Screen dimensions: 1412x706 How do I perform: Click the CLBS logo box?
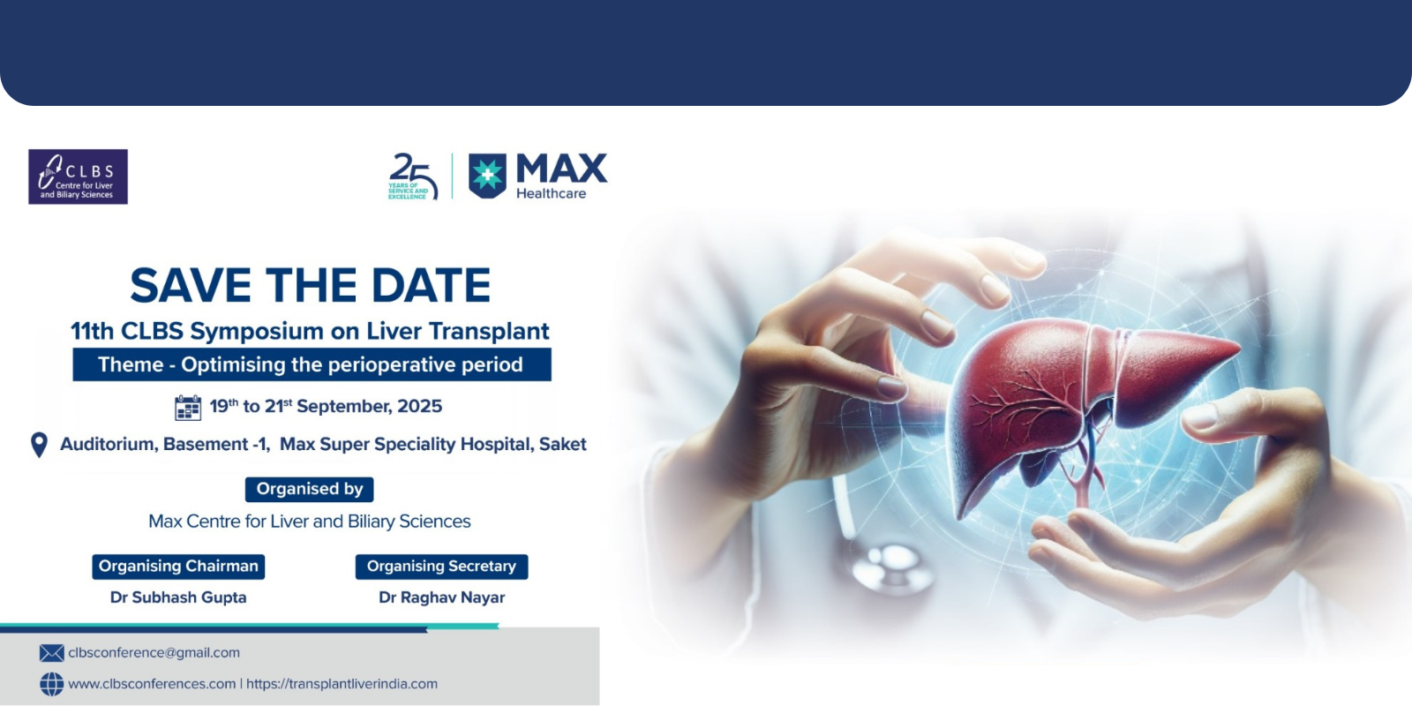(79, 176)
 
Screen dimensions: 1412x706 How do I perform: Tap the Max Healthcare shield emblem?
(487, 176)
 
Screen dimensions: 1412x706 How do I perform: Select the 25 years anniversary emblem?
(413, 176)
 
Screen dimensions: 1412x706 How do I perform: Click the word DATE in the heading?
(432, 286)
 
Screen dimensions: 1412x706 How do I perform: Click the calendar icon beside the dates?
(188, 407)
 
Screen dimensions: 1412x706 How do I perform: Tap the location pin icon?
(39, 445)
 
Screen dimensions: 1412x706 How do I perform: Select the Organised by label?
(310, 489)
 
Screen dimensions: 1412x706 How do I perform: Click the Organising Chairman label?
(178, 567)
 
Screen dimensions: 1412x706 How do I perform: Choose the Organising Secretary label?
(442, 567)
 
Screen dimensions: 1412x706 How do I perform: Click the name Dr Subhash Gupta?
(178, 597)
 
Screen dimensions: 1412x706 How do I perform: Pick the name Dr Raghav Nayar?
(442, 597)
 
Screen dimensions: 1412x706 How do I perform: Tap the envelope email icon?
(52, 653)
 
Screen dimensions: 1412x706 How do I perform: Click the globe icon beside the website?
(52, 684)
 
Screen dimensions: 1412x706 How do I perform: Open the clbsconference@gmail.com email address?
(154, 653)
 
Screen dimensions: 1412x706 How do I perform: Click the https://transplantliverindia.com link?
(342, 684)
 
